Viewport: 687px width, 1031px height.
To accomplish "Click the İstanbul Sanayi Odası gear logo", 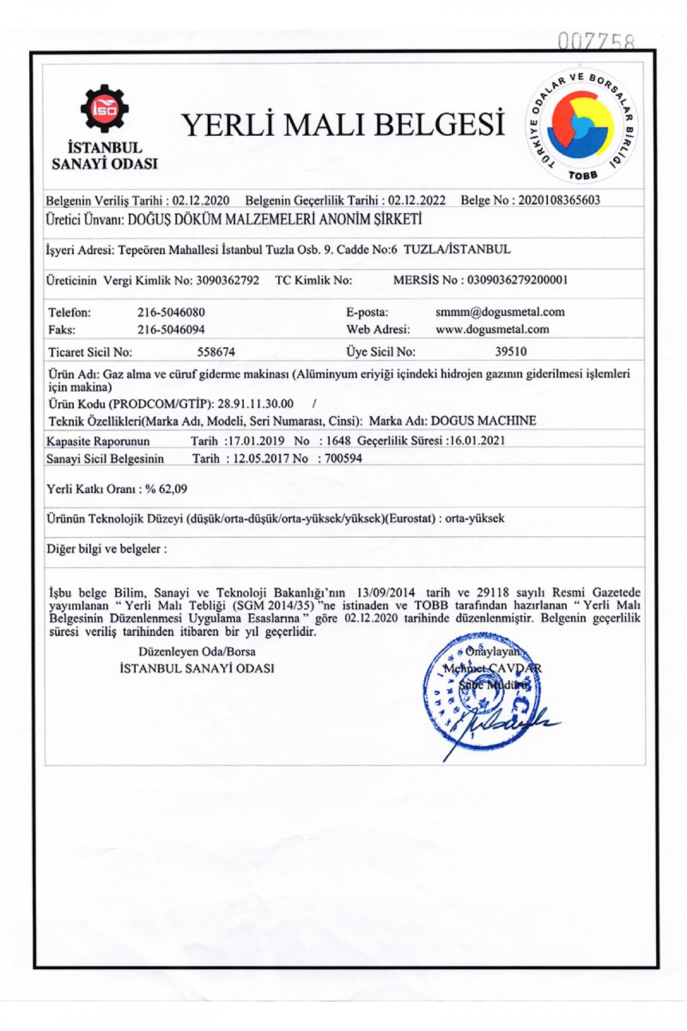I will tap(104, 109).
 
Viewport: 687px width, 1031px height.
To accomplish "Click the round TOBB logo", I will tap(581, 127).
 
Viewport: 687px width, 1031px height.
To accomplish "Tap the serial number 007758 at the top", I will tap(597, 42).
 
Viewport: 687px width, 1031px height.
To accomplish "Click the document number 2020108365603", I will tap(559, 200).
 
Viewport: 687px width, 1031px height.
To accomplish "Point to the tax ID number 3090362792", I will tap(227, 280).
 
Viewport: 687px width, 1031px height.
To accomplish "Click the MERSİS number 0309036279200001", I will tap(517, 280).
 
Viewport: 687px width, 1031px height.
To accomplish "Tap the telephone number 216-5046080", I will tap(171, 312).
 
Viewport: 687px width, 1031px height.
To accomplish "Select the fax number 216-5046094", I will tap(171, 329).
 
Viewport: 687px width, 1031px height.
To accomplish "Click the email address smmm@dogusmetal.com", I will tap(500, 312).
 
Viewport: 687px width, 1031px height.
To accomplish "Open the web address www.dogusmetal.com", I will tap(492, 329).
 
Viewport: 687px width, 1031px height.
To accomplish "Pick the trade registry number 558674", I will tap(216, 352).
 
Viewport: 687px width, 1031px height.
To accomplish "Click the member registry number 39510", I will tap(511, 351).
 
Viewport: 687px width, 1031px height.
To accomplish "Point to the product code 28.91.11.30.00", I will tap(255, 404).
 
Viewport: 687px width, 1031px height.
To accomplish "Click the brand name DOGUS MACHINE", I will tap(483, 420).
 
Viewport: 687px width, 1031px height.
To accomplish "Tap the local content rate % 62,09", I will tap(166, 489).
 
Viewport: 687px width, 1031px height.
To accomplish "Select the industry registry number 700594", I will tap(343, 458).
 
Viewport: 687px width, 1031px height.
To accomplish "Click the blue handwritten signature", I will tap(504, 725).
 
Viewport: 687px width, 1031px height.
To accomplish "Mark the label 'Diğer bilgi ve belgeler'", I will tap(106, 549).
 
